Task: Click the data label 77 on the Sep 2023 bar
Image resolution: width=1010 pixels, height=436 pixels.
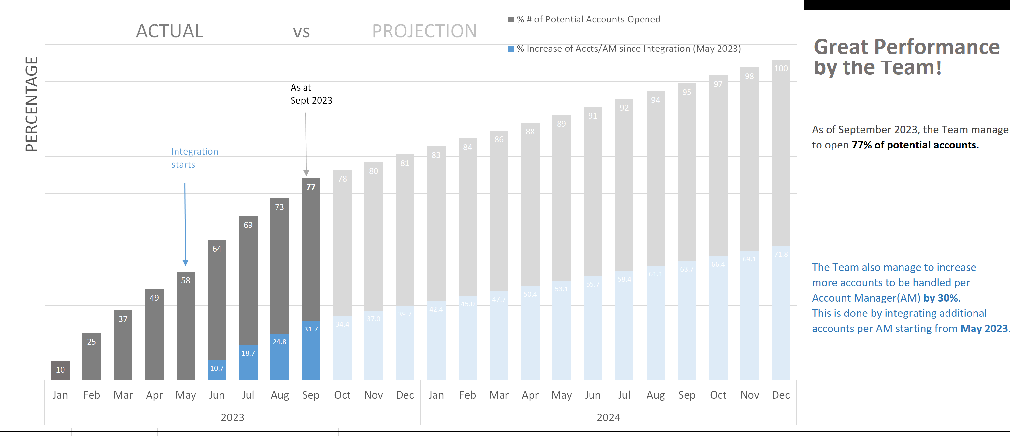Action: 311,187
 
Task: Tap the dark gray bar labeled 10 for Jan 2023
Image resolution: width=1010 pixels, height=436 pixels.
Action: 60,370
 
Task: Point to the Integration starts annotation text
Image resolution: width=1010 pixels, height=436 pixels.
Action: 194,158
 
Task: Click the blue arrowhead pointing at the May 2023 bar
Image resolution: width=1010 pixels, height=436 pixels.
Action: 185,262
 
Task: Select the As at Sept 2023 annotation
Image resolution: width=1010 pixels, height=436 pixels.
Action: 311,94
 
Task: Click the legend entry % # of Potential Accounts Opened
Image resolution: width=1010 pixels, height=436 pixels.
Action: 588,19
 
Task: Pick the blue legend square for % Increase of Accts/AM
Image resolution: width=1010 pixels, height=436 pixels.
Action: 511,49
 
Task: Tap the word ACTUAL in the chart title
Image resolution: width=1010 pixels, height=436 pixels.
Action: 169,31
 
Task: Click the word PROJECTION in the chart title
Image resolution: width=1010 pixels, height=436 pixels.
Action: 424,31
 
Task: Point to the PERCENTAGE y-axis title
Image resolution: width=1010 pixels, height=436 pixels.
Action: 31,104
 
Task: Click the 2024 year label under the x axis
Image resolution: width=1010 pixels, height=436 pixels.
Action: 608,417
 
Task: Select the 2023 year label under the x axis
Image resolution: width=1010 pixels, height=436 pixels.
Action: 233,417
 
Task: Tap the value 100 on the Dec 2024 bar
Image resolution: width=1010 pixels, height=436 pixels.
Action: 781,69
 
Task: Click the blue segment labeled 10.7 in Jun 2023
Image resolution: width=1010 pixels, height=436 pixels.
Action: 217,369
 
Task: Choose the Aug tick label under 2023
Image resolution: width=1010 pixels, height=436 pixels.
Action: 279,395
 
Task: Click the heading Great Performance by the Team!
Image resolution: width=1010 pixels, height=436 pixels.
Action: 906,57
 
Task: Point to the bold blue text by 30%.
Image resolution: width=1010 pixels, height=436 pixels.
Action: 942,298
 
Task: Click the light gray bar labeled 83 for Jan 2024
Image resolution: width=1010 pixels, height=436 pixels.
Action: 436,223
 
